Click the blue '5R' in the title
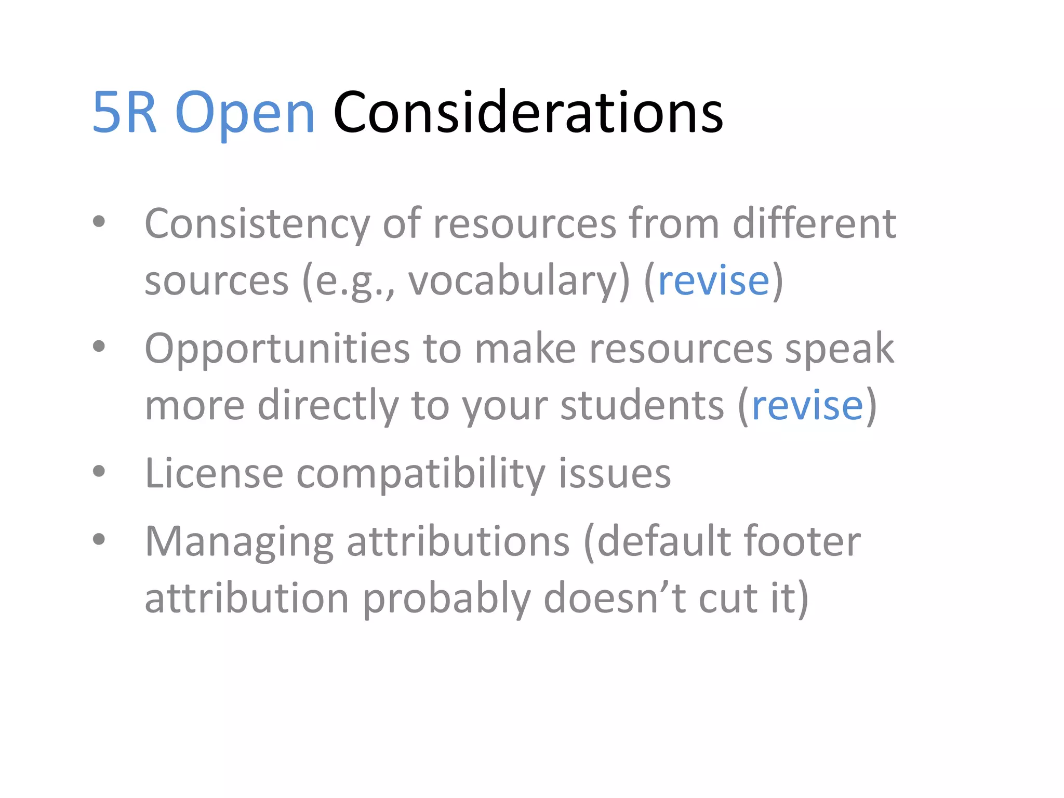click(125, 113)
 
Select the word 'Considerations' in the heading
click(528, 113)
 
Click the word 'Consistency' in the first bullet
click(257, 224)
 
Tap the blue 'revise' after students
click(807, 405)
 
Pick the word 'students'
click(642, 405)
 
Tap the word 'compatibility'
click(421, 474)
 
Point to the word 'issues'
click(615, 473)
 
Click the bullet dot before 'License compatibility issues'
click(99, 471)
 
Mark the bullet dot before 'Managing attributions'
click(99, 539)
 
